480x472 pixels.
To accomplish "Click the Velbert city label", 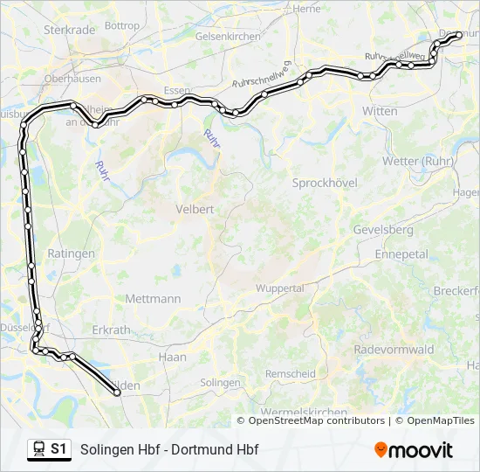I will pyautogui.click(x=195, y=209).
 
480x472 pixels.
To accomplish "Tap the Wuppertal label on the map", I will pyautogui.click(x=279, y=288).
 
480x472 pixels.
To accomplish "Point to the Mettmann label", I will pyautogui.click(x=153, y=298).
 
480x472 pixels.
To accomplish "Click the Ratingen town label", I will pyautogui.click(x=72, y=253).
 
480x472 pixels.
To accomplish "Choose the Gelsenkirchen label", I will pyautogui.click(x=228, y=37).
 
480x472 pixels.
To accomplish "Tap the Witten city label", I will pyautogui.click(x=380, y=111).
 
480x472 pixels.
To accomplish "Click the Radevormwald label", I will pyautogui.click(x=394, y=349).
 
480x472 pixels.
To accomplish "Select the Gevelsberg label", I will pyautogui.click(x=383, y=229).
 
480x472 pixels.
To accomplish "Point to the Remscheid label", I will pyautogui.click(x=291, y=373).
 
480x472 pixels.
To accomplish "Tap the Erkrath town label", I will pyautogui.click(x=111, y=330).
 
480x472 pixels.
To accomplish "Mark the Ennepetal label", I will pyautogui.click(x=401, y=253).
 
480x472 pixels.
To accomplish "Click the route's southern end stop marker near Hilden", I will pyautogui.click(x=117, y=393).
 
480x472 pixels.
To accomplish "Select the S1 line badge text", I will pyautogui.click(x=58, y=449).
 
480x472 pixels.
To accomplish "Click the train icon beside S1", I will pyautogui.click(x=38, y=449).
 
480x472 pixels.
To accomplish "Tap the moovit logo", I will pyautogui.click(x=414, y=450).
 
